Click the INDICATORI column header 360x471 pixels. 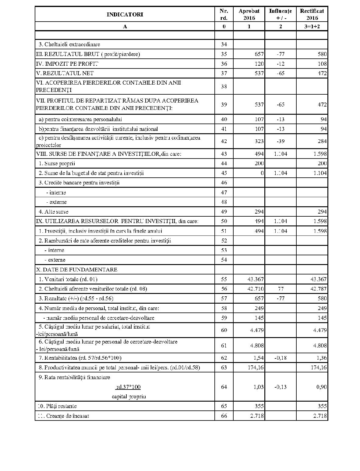coord(125,14)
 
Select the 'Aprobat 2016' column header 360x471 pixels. coord(249,14)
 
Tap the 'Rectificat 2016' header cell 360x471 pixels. coord(312,14)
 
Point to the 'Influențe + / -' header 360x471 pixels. coord(280,14)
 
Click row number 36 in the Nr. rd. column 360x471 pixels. coord(224,64)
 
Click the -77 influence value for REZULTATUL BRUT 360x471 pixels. coord(280,54)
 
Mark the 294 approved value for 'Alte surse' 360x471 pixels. coord(259,212)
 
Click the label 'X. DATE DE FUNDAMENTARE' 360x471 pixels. coord(77,270)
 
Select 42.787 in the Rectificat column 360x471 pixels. coord(319,289)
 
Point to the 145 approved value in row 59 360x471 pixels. coord(259,318)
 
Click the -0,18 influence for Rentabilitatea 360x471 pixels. coord(280,358)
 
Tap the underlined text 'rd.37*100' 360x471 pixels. coord(128,387)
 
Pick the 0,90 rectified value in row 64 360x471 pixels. coord(321,387)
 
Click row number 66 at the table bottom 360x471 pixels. coord(224,416)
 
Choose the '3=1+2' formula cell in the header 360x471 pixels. coord(312,26)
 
